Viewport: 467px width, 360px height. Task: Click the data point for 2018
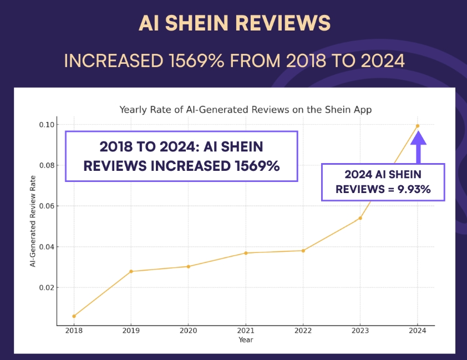pos(74,316)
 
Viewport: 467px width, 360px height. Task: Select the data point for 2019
pos(131,271)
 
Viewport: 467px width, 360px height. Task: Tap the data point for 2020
pos(188,266)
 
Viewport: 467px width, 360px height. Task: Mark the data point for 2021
pos(246,253)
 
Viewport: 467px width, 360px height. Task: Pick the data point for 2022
pos(303,251)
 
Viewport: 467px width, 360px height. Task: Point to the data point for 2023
pos(360,218)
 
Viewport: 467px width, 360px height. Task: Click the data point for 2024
pos(418,126)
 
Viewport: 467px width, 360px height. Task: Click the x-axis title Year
pos(246,339)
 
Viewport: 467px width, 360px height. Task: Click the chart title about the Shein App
pos(246,109)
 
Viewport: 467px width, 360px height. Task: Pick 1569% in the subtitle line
pos(192,60)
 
